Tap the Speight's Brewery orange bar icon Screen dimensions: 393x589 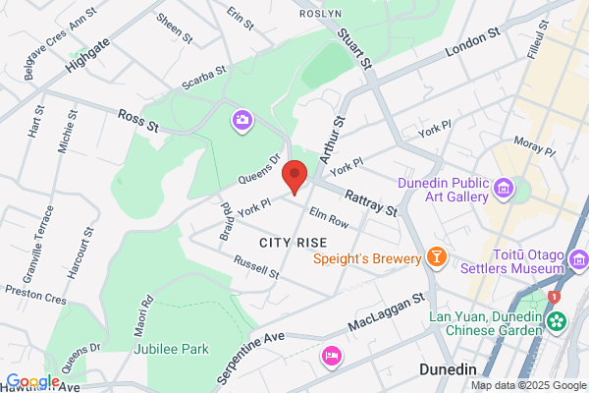coord(437,258)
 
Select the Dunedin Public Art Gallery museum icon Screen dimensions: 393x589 coord(505,187)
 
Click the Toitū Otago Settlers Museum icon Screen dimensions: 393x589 coord(579,260)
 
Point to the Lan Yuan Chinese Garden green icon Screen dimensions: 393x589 coord(558,321)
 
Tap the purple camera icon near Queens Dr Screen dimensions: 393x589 coord(241,120)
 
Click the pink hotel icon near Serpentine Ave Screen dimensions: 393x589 coord(332,355)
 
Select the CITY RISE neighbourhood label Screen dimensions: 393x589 coord(292,242)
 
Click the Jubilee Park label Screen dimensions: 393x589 coord(166,348)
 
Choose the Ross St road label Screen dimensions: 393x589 coord(139,121)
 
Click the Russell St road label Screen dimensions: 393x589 coord(256,265)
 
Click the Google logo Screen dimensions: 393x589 coord(32,381)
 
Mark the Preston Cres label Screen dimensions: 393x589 coord(35,292)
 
